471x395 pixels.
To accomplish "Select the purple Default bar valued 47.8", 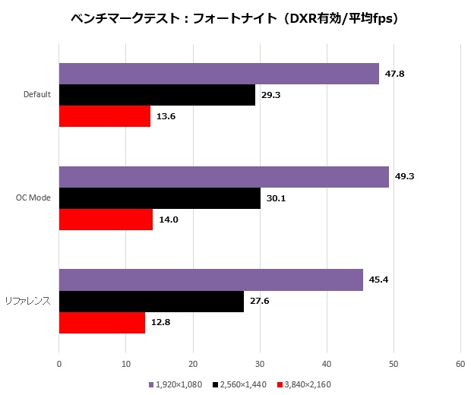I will pyautogui.click(x=219, y=74).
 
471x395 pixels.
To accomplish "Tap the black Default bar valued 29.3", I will pyautogui.click(x=157, y=95).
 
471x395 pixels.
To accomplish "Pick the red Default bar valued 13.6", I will pyautogui.click(x=105, y=116).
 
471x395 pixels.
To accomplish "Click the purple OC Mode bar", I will pyautogui.click(x=224, y=177).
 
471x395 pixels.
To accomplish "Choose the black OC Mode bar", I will pyautogui.click(x=160, y=198).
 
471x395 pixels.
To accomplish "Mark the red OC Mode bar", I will pyautogui.click(x=106, y=220).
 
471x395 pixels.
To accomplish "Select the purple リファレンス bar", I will pyautogui.click(x=211, y=280).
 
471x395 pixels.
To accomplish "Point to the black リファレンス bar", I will pyautogui.click(x=151, y=302).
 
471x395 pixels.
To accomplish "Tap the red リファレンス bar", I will pyautogui.click(x=102, y=323).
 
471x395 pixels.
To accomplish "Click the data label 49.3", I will pyautogui.click(x=404, y=177).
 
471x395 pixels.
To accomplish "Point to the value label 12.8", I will pyautogui.click(x=160, y=323).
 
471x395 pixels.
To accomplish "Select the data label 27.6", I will pyautogui.click(x=260, y=302).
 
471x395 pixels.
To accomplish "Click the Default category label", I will pyautogui.click(x=37, y=95).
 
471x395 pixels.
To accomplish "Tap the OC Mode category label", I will pyautogui.click(x=33, y=198).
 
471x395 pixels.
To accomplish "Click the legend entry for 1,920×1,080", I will pyautogui.click(x=177, y=384).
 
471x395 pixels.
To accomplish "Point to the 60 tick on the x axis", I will pyautogui.click(x=460, y=364).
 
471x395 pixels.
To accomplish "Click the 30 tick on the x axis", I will pyautogui.click(x=260, y=364).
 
